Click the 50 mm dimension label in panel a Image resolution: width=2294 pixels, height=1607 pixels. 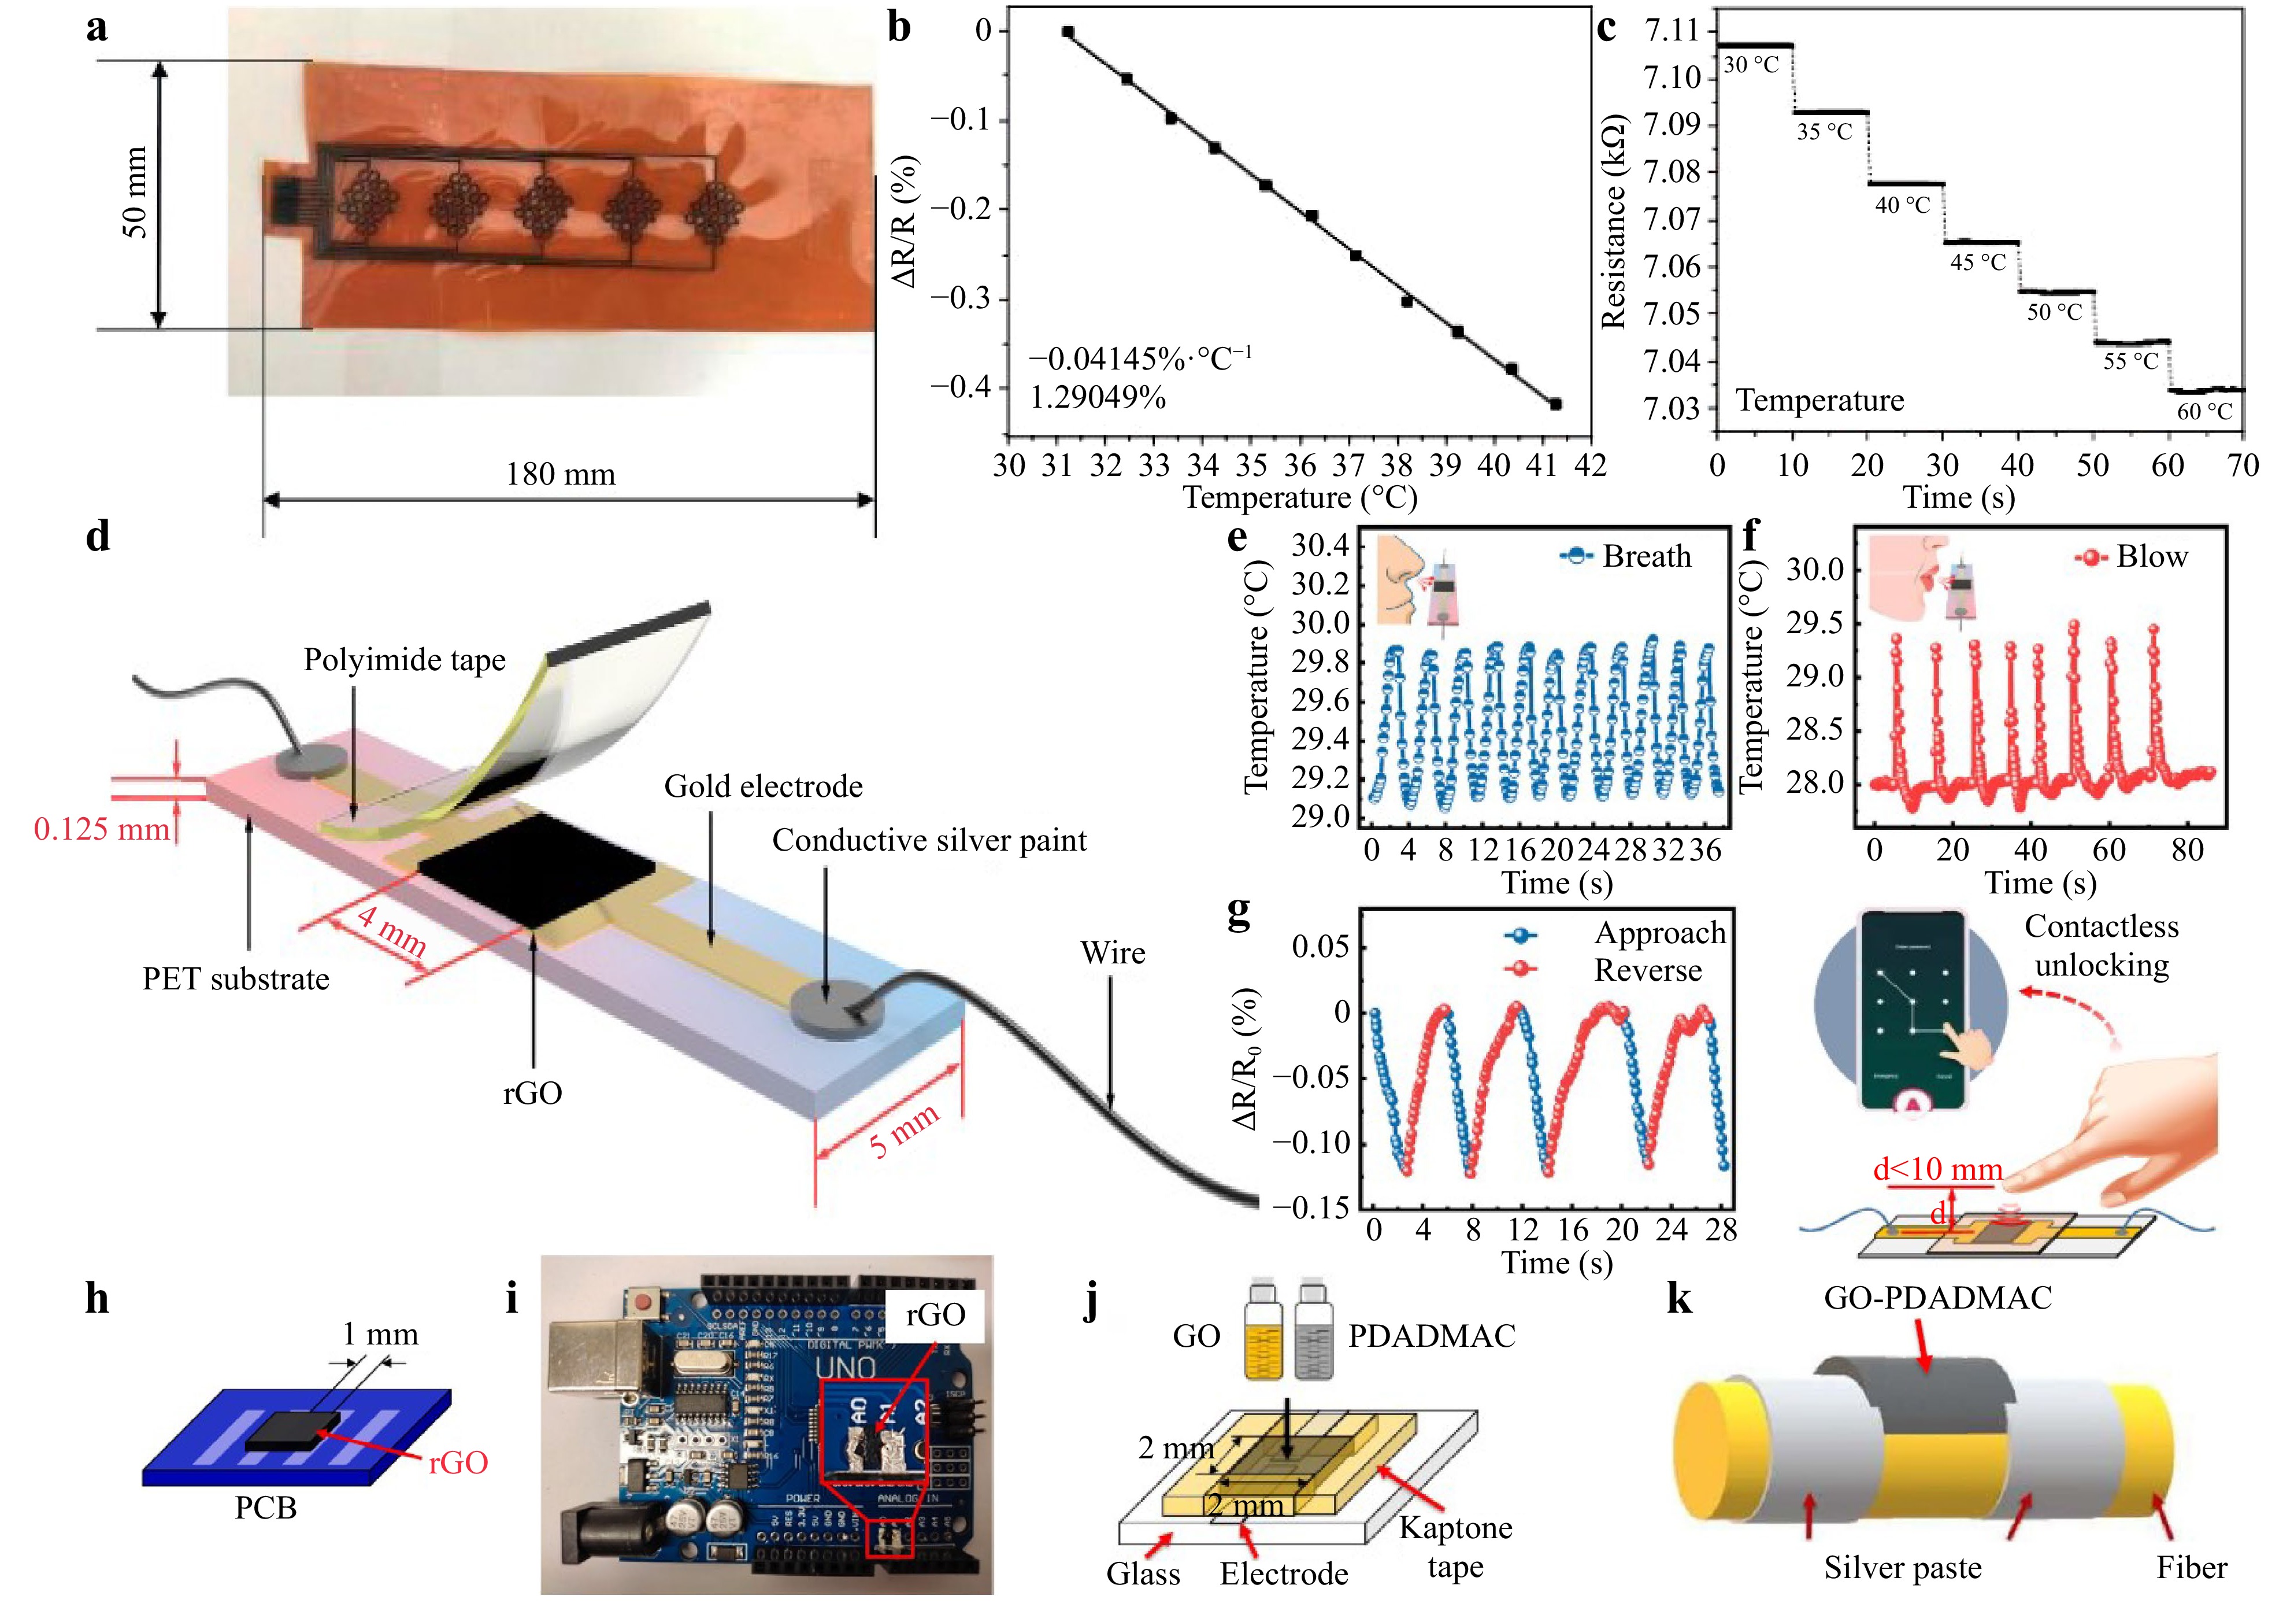(x=135, y=192)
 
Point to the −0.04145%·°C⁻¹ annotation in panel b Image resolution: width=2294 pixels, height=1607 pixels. (x=1140, y=359)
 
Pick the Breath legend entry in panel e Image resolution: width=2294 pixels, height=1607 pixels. (x=1626, y=557)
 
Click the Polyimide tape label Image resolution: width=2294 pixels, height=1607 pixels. (x=405, y=660)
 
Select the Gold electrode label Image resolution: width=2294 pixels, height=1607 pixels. (x=764, y=786)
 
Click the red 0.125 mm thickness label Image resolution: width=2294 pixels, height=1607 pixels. (x=102, y=829)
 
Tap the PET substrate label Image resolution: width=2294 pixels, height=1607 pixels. (x=236, y=978)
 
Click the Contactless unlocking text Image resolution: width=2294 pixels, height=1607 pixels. (x=2101, y=945)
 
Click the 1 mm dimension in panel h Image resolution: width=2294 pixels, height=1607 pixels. (x=380, y=1334)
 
